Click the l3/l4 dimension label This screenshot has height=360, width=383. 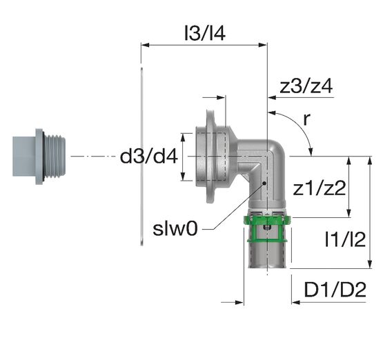(205, 33)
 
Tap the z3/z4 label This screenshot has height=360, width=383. (306, 86)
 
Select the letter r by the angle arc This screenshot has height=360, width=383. (306, 119)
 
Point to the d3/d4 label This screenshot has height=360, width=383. (149, 157)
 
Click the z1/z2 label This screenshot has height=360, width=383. (320, 188)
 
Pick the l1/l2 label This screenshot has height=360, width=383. (345, 239)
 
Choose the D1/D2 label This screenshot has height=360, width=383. (335, 290)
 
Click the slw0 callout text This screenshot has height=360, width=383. (175, 229)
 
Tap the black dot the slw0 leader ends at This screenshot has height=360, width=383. (264, 183)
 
